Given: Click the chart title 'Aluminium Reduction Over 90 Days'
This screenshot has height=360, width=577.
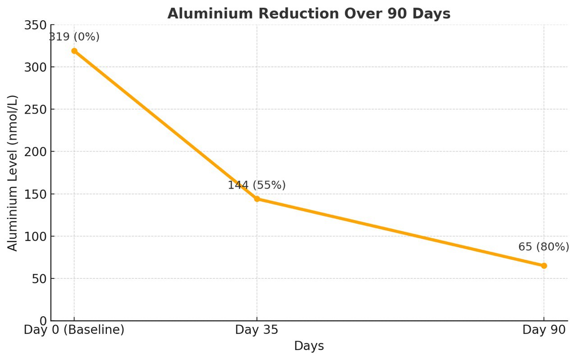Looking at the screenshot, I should coord(309,14).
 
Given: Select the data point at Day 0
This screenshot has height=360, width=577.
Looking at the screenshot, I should coord(74,51).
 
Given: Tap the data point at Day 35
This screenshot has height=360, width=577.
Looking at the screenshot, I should coord(257,199).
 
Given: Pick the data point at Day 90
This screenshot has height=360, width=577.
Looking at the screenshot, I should coord(544,266).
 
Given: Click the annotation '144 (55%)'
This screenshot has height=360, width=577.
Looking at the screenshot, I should coord(256,185).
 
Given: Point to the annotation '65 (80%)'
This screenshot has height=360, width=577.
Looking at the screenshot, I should coord(544,247).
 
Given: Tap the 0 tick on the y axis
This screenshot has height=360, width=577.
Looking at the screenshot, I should coord(43,321).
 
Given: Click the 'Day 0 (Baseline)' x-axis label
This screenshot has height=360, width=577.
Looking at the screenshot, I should coord(74,330).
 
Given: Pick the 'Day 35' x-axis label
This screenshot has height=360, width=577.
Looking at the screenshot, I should coord(256,330).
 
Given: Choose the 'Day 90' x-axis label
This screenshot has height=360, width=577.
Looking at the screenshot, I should coord(544,330).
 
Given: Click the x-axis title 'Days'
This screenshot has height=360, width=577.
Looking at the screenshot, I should coord(309,346).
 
